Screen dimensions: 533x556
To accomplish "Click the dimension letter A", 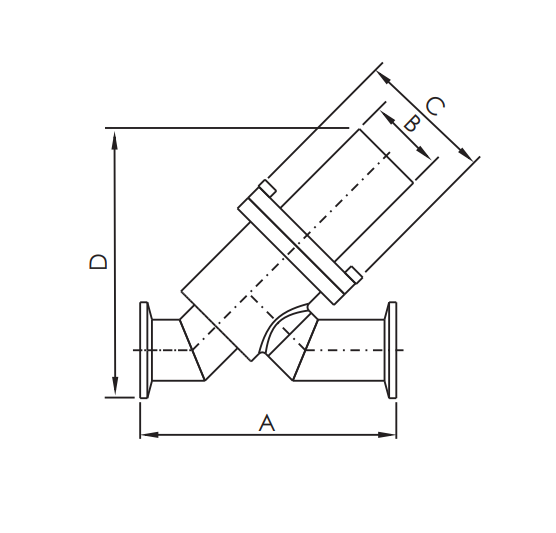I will click(266, 423).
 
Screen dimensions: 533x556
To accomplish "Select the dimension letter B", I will click(409, 124).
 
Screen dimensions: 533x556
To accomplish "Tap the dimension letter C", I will click(435, 106).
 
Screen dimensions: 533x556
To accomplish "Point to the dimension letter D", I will click(98, 261).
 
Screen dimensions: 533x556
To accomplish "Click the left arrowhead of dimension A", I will click(146, 435).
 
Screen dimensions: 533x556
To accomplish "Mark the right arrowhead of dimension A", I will click(391, 435).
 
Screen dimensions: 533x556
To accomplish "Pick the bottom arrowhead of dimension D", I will click(117, 390).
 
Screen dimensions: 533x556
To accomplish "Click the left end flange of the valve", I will click(145, 350).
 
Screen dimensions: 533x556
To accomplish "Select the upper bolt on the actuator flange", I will click(267, 187).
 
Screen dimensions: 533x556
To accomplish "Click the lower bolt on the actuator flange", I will click(353, 274).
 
